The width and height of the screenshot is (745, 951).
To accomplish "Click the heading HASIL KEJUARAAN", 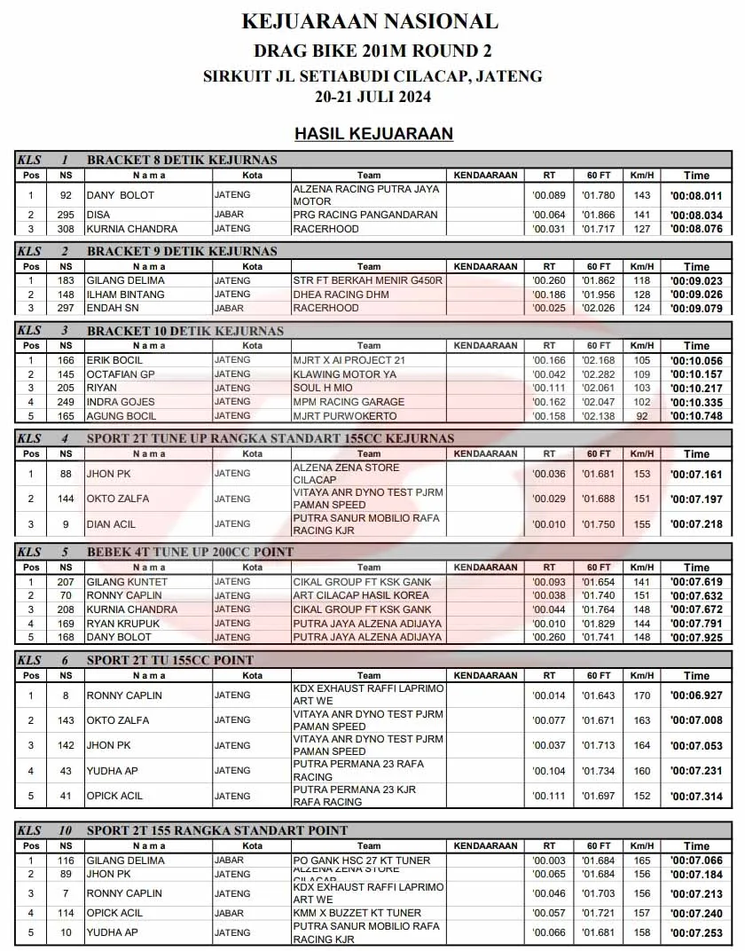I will [x=373, y=134].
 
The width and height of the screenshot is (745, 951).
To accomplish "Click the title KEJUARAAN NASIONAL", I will [x=370, y=21].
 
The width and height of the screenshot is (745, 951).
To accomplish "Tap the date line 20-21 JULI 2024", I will [x=372, y=97].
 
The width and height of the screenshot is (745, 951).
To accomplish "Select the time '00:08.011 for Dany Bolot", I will [x=696, y=196].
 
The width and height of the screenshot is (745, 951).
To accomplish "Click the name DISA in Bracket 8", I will [x=98, y=215].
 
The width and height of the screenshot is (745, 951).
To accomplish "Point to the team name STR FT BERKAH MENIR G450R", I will [x=367, y=280].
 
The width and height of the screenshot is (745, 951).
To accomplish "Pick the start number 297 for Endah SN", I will [x=66, y=308].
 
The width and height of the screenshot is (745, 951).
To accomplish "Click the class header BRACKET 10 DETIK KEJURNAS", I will [x=185, y=331].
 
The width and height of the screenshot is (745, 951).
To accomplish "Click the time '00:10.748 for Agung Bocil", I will [x=696, y=416].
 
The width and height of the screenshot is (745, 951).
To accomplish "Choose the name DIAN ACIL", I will [x=112, y=524].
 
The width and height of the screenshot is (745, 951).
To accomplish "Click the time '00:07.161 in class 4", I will [x=696, y=475].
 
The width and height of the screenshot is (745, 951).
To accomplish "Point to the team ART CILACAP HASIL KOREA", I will [x=362, y=595].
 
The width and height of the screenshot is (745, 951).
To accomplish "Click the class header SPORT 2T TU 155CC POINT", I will [x=170, y=660].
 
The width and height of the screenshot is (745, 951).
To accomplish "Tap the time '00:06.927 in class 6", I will [x=696, y=696].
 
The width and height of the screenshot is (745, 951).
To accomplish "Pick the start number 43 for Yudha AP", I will [x=66, y=771].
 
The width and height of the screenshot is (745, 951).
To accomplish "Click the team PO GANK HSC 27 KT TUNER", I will [x=362, y=861].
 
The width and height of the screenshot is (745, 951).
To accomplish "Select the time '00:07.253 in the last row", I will [x=696, y=933].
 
